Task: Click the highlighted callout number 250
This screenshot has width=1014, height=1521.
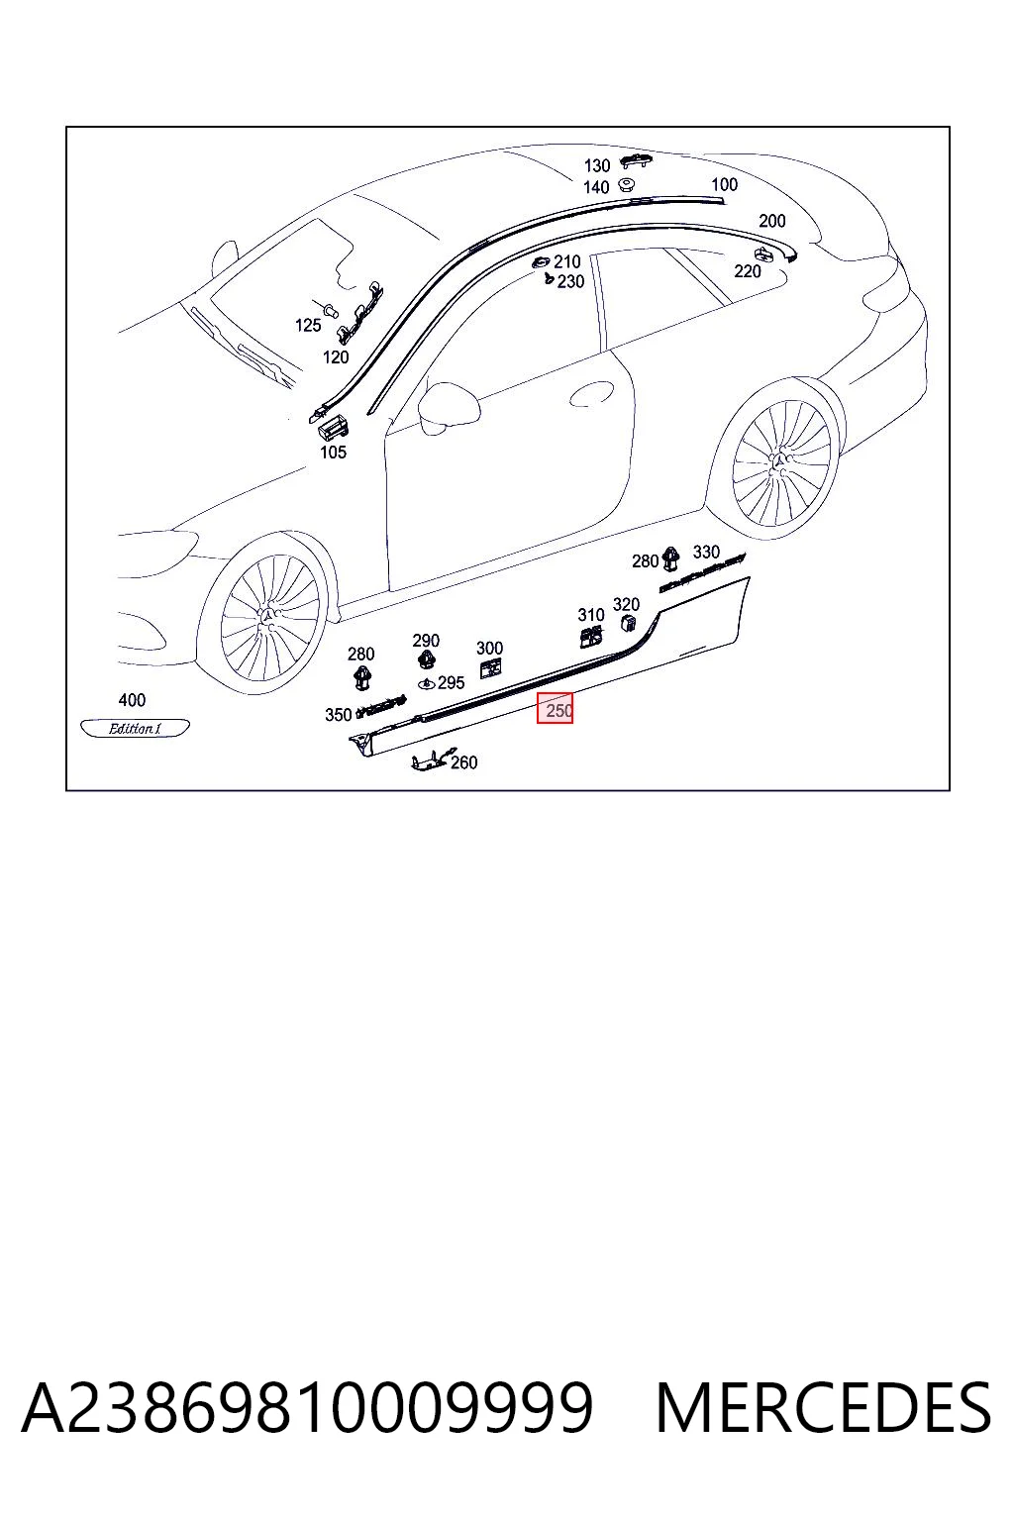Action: pos(558,711)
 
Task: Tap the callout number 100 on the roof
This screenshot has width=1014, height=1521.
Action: pos(724,184)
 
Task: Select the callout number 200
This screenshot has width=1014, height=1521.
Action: pos(772,221)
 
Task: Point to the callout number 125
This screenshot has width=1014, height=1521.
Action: pos(308,325)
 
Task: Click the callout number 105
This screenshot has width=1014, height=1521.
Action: pos(333,453)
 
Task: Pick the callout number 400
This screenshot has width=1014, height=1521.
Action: pos(132,699)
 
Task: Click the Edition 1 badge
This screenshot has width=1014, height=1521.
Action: pos(135,728)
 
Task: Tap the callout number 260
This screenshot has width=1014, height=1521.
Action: pos(463,762)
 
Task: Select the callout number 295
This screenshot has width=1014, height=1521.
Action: pos(451,682)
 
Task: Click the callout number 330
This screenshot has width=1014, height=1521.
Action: pos(706,552)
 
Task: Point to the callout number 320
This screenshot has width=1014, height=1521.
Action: pos(626,604)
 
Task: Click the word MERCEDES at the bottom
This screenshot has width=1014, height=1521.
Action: pos(823,1407)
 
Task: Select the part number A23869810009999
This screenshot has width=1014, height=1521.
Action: pos(308,1407)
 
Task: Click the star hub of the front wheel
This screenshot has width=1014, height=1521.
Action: pos(269,616)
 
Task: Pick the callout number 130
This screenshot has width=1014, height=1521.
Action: pos(597,165)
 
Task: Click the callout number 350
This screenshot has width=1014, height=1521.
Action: pos(339,714)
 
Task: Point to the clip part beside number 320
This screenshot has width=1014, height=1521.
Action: pos(630,622)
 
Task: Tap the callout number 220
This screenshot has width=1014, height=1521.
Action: pos(747,271)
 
